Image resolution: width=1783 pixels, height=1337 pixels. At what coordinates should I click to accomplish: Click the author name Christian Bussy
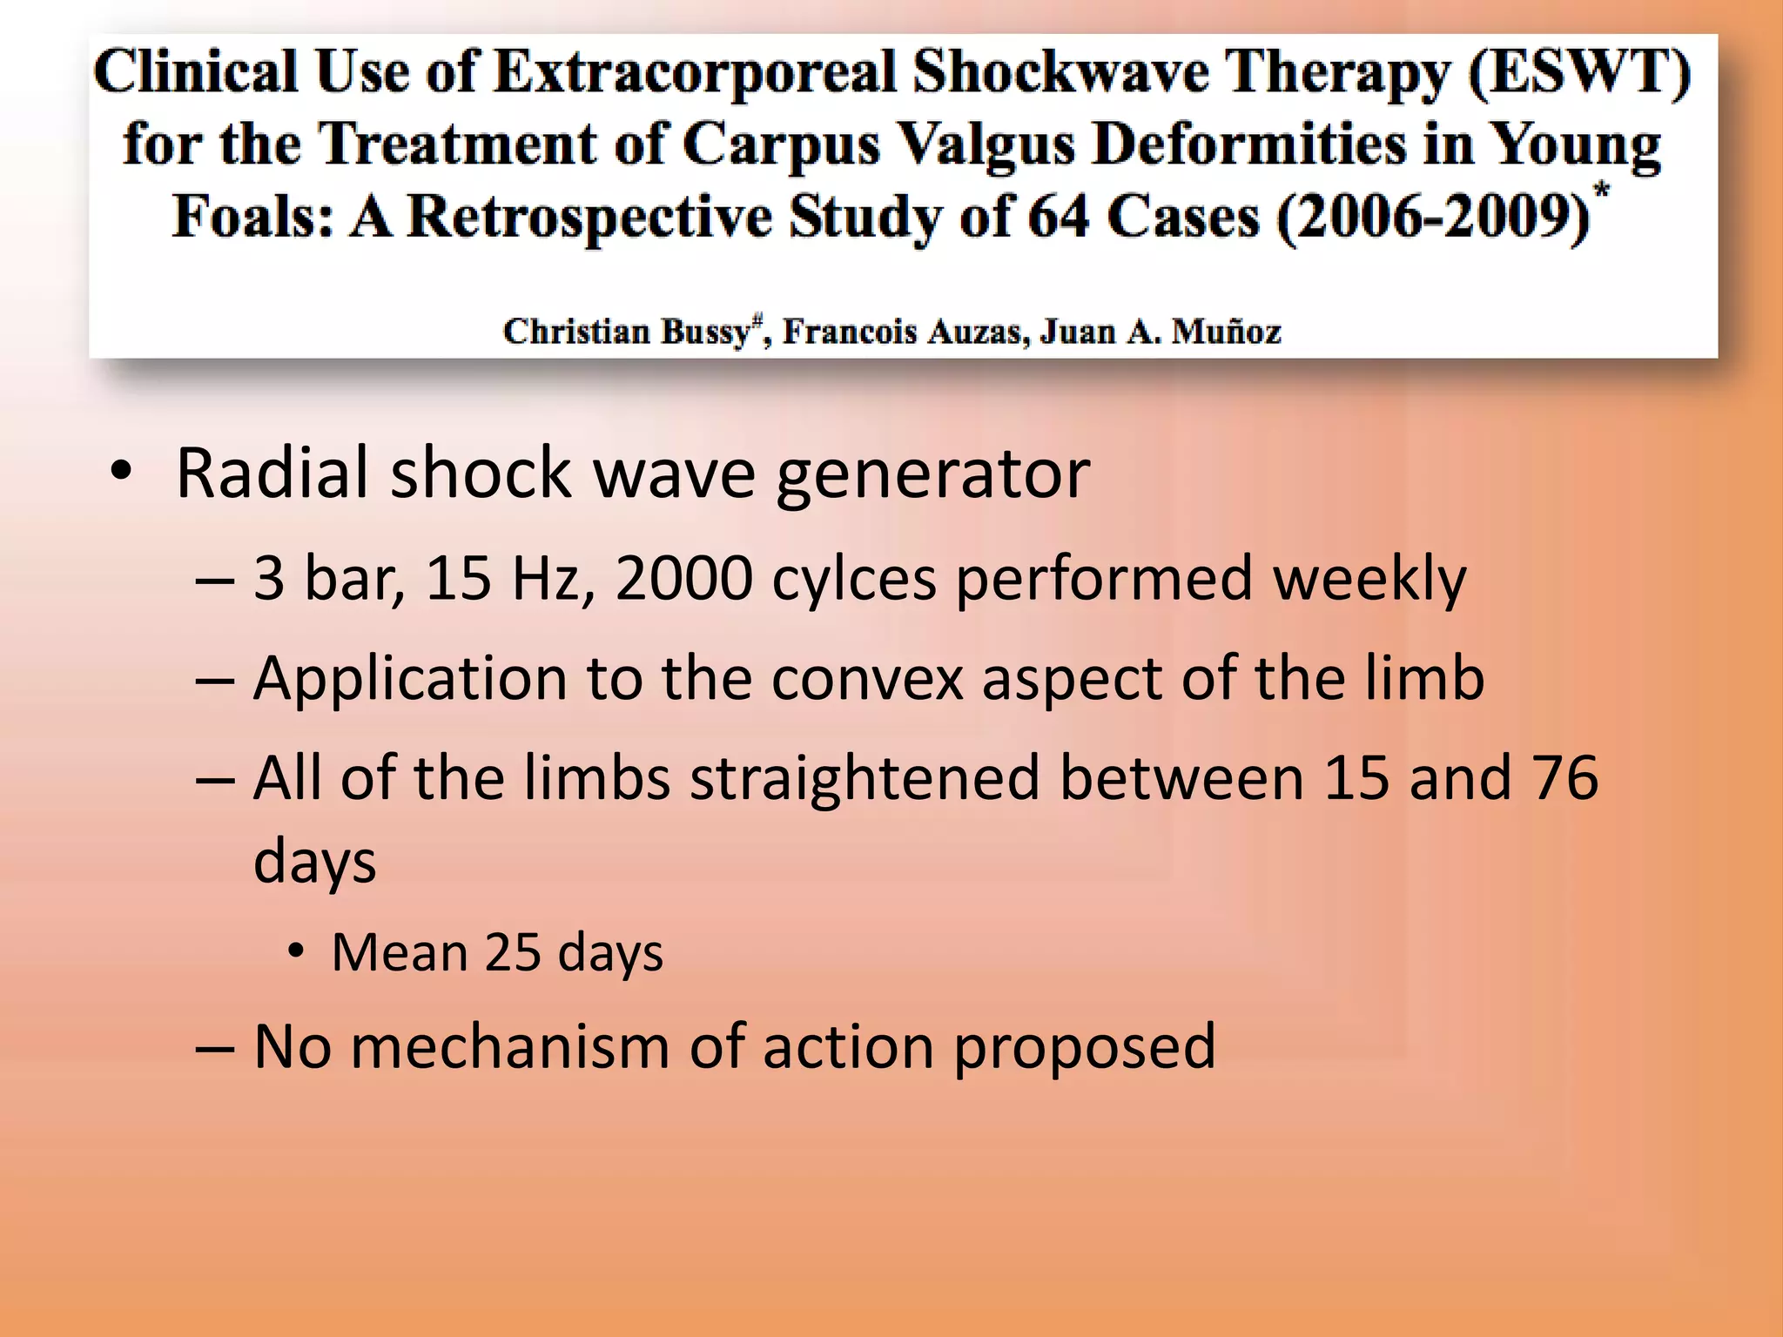pyautogui.click(x=627, y=332)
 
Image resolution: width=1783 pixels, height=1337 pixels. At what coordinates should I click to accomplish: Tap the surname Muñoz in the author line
pyautogui.click(x=1226, y=332)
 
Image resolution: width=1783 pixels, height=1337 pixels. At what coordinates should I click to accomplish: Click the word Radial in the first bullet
pyautogui.click(x=273, y=473)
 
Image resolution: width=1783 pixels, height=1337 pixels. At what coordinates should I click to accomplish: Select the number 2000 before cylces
pyautogui.click(x=683, y=578)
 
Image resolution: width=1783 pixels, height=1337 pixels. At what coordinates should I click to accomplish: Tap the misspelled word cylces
pyautogui.click(x=853, y=578)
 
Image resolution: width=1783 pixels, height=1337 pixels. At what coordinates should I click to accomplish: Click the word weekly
pyautogui.click(x=1369, y=580)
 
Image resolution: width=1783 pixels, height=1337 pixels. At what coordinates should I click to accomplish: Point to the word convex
pyautogui.click(x=867, y=678)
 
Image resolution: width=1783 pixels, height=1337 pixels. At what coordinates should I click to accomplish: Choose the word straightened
pyautogui.click(x=865, y=778)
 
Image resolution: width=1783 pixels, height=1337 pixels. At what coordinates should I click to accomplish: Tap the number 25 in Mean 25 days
pyautogui.click(x=513, y=952)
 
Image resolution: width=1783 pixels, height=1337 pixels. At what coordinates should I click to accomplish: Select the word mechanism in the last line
pyautogui.click(x=510, y=1046)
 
